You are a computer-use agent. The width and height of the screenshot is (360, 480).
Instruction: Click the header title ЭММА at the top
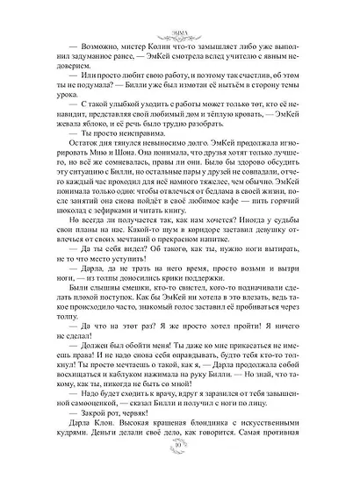pyautogui.click(x=180, y=12)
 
